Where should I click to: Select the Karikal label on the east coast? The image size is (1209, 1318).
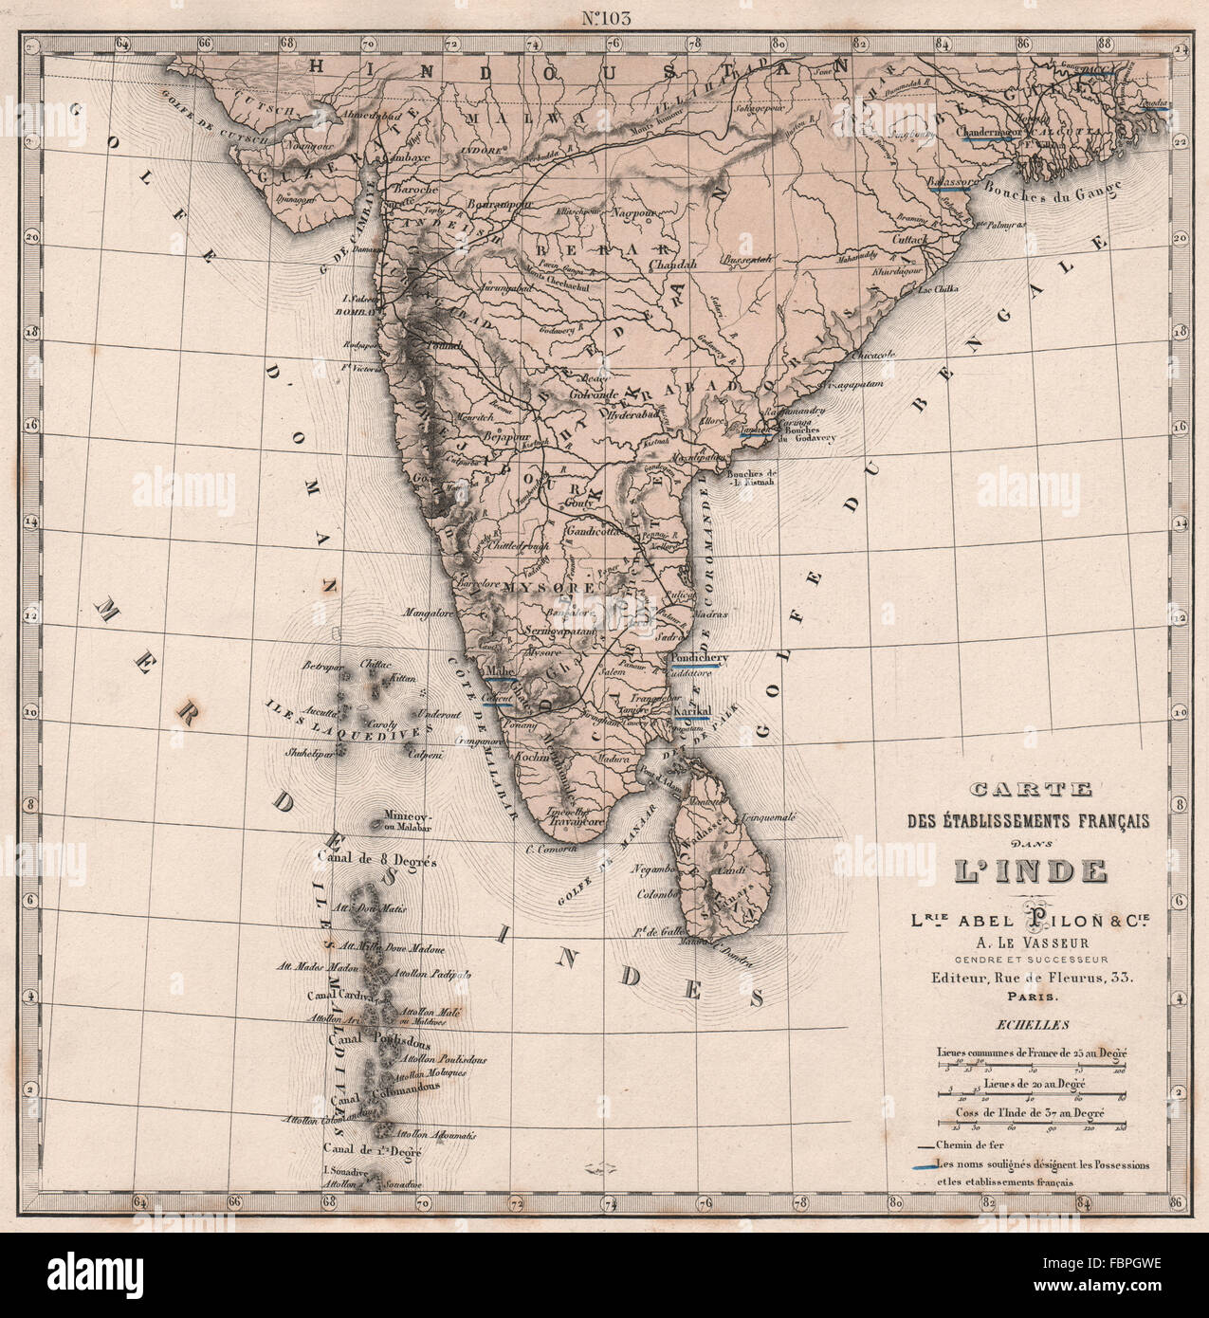click(691, 711)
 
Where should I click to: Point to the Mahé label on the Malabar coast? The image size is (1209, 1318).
click(499, 671)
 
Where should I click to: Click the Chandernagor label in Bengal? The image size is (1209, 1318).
click(988, 132)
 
